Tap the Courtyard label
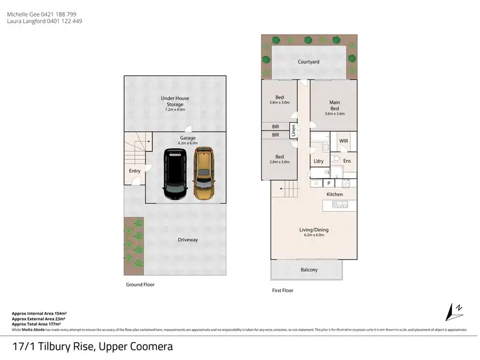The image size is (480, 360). coord(308,62)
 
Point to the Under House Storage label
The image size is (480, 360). coord(175,101)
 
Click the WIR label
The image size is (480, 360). coord(343,141)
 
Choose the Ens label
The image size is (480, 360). coord(347,160)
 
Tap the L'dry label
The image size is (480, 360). coord(317,160)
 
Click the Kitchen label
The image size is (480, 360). coord(335,194)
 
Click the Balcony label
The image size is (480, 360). coord(309,270)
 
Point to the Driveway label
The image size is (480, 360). coord(188,240)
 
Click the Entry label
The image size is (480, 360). coord(134,171)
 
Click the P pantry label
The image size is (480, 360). coord(328,184)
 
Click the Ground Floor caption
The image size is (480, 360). coord(140,285)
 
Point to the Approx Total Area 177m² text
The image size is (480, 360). coord(39,324)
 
